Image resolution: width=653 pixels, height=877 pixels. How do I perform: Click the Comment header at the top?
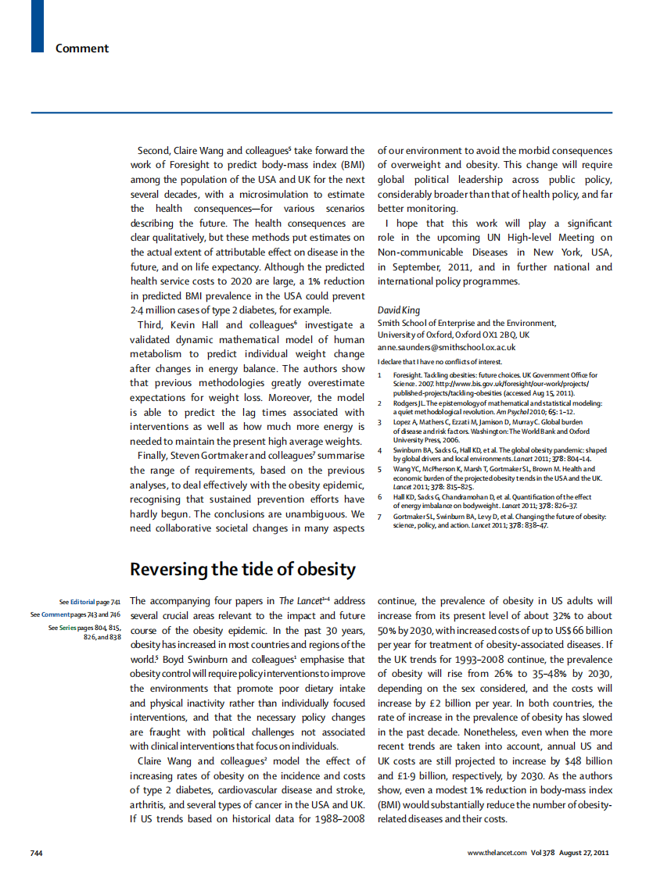point(82,48)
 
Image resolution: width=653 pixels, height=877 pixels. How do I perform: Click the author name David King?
point(399,310)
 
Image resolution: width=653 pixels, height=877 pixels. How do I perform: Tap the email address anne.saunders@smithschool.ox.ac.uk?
point(447,347)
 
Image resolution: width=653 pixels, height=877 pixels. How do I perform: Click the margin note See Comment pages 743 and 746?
point(75,614)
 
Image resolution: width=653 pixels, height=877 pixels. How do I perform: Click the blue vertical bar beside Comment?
point(37,27)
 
